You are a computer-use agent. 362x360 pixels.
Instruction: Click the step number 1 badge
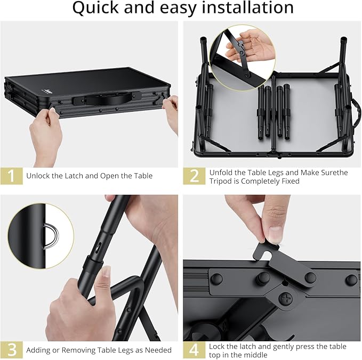[12, 176]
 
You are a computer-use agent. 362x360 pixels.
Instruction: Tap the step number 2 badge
[194, 176]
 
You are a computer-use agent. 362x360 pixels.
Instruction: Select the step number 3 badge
[12, 350]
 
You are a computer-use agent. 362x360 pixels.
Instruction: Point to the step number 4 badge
[194, 350]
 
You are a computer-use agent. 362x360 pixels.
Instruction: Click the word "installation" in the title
[247, 7]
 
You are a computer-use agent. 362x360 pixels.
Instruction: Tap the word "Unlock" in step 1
[38, 176]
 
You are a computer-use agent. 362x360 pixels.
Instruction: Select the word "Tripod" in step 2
[221, 181]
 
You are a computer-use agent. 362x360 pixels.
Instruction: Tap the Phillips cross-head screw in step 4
[286, 299]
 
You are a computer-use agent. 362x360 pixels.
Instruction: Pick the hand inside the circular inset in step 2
[248, 46]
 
